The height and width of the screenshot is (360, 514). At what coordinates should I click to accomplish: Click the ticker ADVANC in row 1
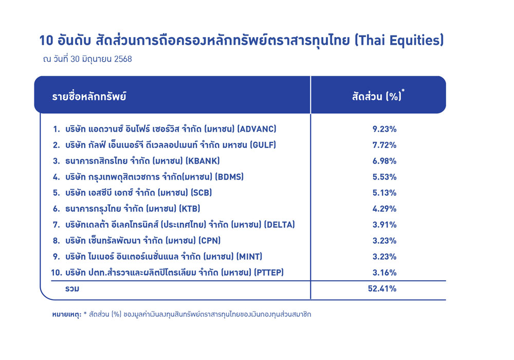point(258,129)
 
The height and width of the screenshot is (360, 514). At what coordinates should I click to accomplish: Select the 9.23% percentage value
point(384,129)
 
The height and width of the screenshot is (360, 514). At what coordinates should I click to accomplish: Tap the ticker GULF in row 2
point(263,145)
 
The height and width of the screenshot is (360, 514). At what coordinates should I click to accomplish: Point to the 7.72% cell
point(384,145)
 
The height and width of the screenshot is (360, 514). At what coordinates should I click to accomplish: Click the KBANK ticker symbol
point(203,161)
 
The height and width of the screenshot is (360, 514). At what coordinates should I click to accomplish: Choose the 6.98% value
point(384,161)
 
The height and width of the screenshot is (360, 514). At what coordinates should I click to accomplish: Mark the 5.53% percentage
point(384,177)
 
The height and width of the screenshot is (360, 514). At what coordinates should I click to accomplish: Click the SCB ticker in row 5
point(201,193)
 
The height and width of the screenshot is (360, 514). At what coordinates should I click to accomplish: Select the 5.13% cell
point(384,193)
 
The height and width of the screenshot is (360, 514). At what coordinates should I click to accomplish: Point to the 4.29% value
point(384,209)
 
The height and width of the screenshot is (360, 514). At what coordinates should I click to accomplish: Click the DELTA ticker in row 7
point(280,225)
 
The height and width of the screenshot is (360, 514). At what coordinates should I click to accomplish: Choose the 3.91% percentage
point(384,225)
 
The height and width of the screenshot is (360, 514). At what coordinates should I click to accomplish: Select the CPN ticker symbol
point(210,241)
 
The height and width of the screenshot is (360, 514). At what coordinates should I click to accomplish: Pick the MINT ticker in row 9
point(250,257)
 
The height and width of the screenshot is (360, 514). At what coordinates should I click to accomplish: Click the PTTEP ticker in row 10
point(269,273)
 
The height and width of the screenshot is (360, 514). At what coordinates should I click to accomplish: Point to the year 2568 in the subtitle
point(123,59)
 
